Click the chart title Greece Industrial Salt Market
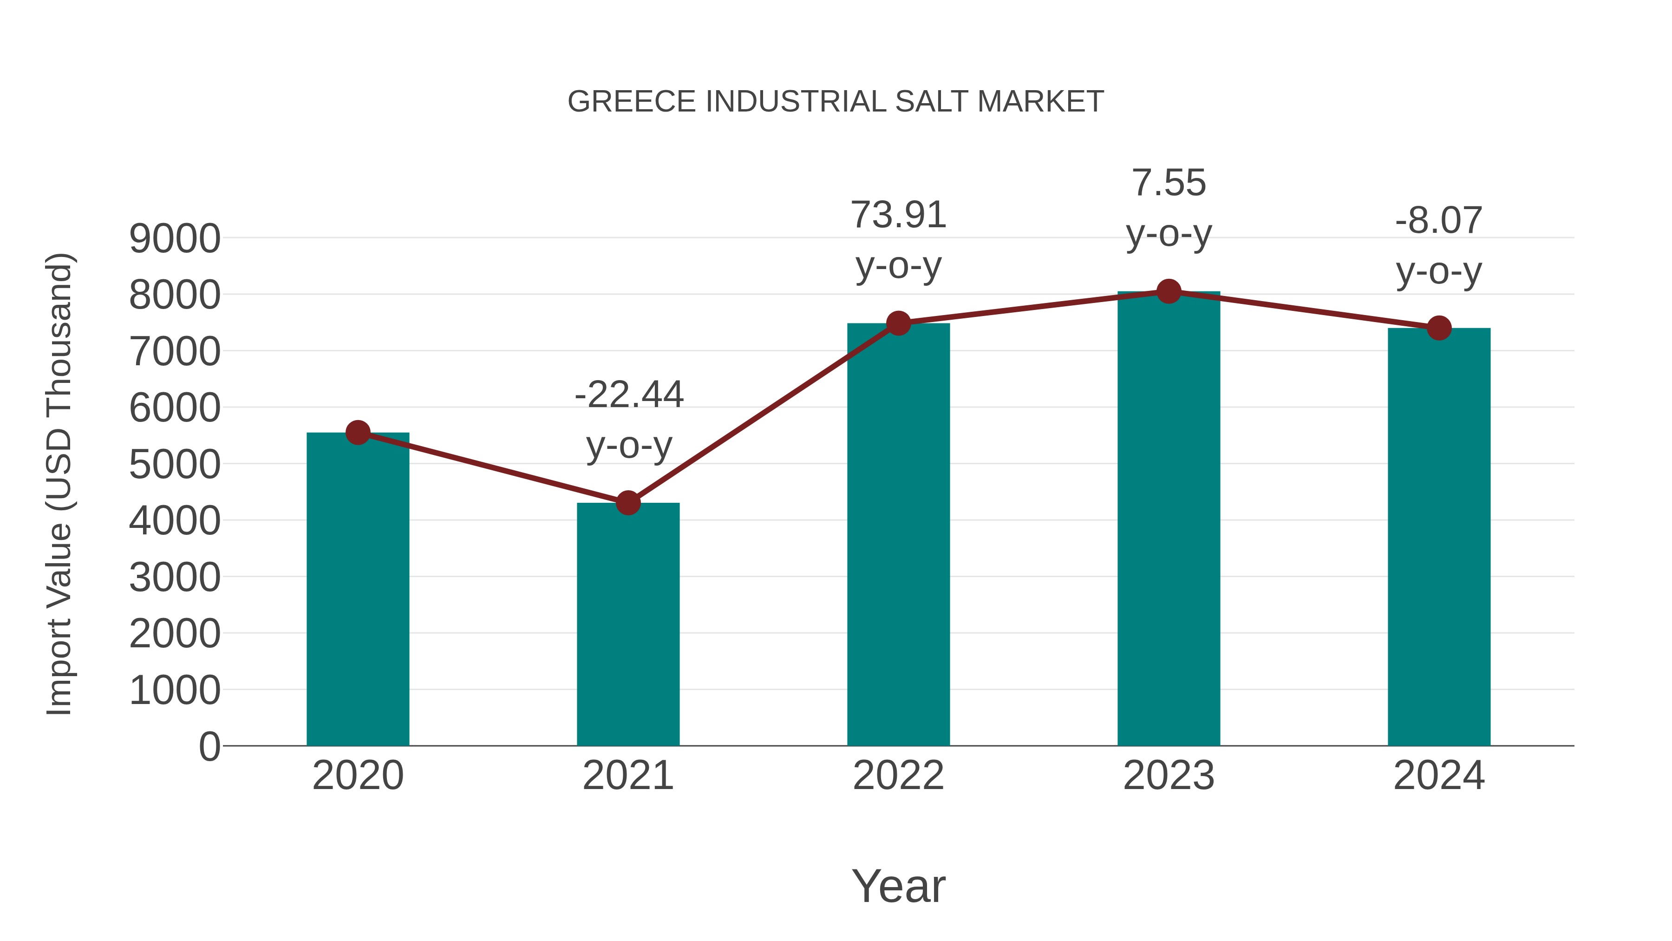click(x=836, y=102)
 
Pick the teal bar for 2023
click(x=1169, y=520)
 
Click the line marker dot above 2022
click(x=898, y=323)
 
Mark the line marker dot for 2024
click(x=1439, y=329)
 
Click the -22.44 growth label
click(x=629, y=394)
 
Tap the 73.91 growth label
click(x=898, y=215)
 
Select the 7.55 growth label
click(x=1169, y=183)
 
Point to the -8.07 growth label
click(x=1439, y=220)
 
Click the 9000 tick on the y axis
click(x=175, y=238)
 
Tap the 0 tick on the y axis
click(x=209, y=746)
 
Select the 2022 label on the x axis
click(x=898, y=776)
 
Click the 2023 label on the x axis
click(x=1169, y=776)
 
